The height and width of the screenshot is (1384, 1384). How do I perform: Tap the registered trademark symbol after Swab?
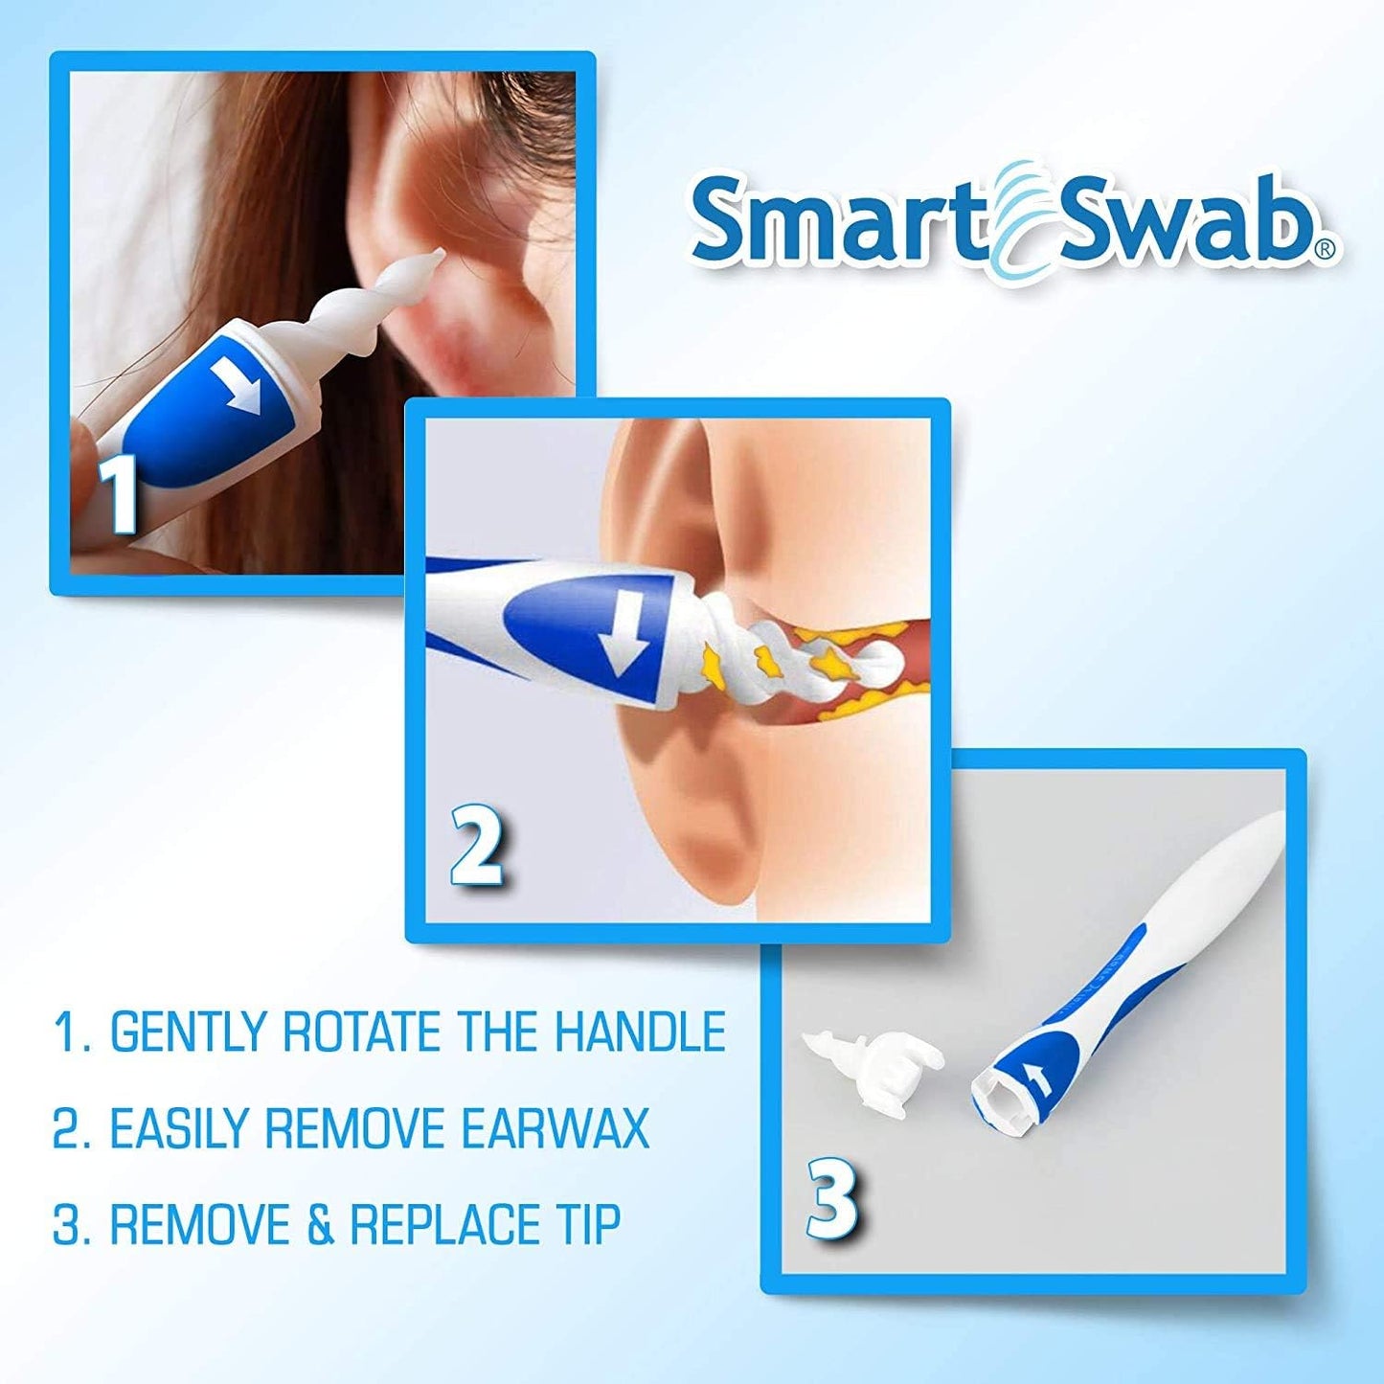tap(1325, 250)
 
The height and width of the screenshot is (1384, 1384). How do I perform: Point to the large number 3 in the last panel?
tap(830, 1197)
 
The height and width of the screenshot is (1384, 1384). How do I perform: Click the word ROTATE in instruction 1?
tap(361, 1032)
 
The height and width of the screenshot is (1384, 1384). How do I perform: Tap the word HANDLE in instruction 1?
tap(640, 1032)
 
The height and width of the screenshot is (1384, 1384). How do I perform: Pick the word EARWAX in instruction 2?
tap(556, 1128)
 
